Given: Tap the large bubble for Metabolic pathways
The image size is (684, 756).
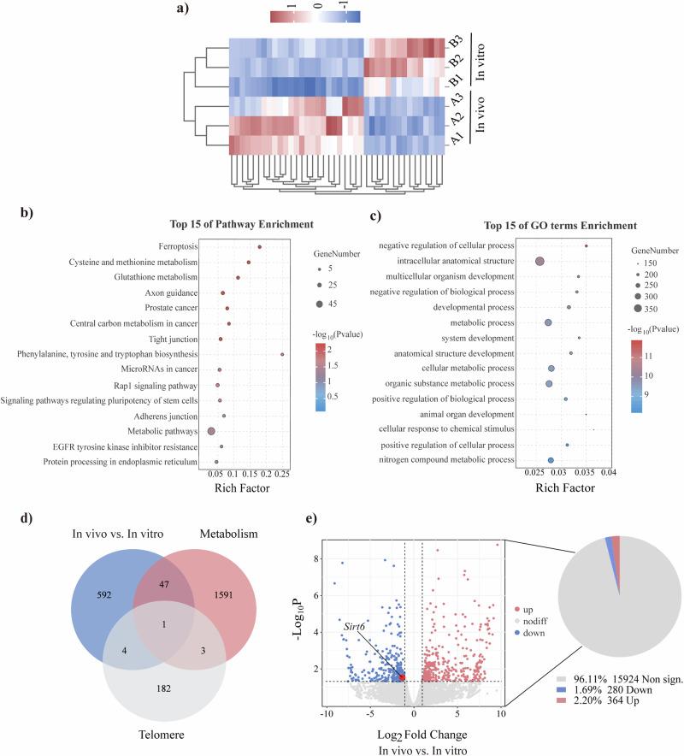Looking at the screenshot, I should coord(211,431).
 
